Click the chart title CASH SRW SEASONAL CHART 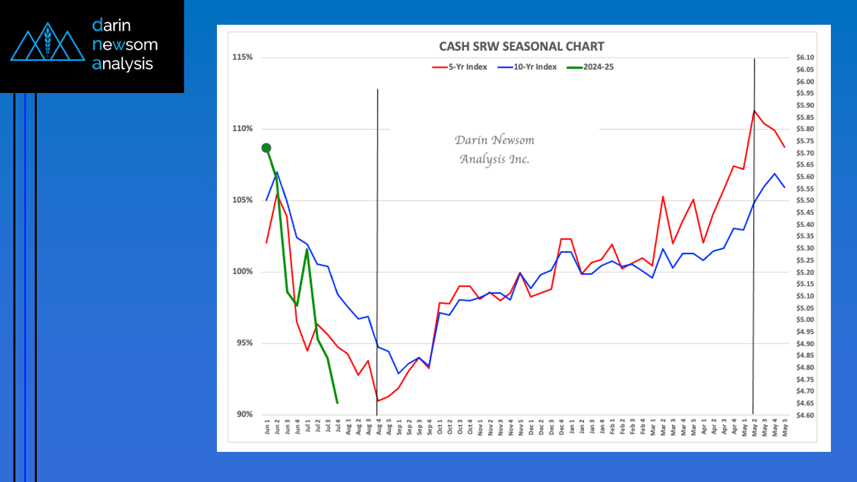pyautogui.click(x=521, y=46)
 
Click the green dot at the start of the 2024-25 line pyautogui.click(x=266, y=148)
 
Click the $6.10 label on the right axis pyautogui.click(x=805, y=58)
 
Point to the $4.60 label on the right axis pyautogui.click(x=805, y=415)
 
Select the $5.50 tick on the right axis pyautogui.click(x=805, y=201)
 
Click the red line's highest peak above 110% pyautogui.click(x=755, y=110)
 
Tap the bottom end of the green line pyautogui.click(x=337, y=402)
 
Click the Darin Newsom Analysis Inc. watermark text pyautogui.click(x=494, y=149)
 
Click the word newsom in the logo pyautogui.click(x=125, y=45)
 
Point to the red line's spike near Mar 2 pyautogui.click(x=663, y=197)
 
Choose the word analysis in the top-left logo pyautogui.click(x=123, y=64)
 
